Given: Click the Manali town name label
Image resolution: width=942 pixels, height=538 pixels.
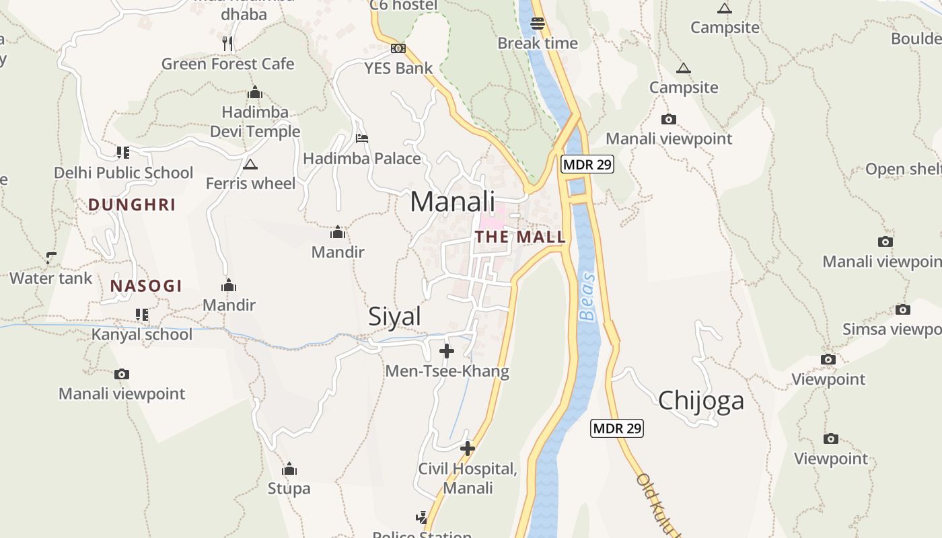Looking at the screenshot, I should (x=452, y=202).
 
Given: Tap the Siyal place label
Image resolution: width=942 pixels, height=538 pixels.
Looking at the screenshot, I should (x=394, y=317).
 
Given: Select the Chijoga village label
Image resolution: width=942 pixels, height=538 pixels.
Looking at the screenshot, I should (x=701, y=401).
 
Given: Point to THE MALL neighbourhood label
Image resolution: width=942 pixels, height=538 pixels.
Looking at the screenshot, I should (x=520, y=237).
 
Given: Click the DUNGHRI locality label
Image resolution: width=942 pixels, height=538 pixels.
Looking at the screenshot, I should (x=132, y=205).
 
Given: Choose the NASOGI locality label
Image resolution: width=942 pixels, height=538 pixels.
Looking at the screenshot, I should (x=146, y=286).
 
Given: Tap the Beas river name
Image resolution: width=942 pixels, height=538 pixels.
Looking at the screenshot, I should (x=587, y=296).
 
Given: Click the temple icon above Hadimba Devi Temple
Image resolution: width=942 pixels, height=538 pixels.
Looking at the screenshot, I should (x=255, y=92).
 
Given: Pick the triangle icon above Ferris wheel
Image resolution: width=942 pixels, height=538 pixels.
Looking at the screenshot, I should (x=250, y=164).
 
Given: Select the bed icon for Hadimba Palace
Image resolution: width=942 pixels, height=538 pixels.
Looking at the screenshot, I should (x=362, y=139).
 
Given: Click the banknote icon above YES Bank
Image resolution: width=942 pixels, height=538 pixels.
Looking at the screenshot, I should (x=398, y=48).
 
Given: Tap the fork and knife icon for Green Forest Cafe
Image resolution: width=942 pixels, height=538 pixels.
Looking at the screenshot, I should (x=227, y=44).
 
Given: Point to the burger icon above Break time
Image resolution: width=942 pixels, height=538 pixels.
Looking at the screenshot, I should (x=537, y=24).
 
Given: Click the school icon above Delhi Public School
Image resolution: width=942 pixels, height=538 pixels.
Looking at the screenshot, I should (x=122, y=153).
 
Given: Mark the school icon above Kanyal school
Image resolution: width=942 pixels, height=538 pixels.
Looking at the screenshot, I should (x=141, y=314).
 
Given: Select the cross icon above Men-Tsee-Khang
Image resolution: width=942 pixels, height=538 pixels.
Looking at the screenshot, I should (x=447, y=351).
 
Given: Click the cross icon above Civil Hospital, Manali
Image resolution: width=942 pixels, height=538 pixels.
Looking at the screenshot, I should (x=468, y=448).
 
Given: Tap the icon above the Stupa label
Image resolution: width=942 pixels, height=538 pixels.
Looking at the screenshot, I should (x=289, y=469).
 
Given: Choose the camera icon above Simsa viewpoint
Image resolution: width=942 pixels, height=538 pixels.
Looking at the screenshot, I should (x=902, y=309).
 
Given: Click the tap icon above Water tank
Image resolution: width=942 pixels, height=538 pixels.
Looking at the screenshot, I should (x=51, y=258).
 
